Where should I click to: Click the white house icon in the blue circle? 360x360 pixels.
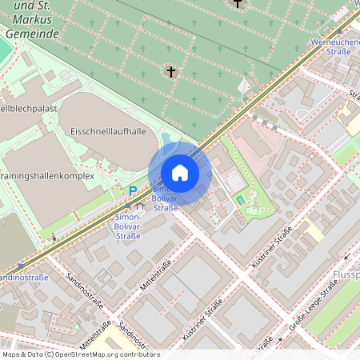pos(179,172)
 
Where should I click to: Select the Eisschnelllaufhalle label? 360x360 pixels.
pos(108,130)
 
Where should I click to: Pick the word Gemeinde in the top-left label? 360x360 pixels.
pos(32,34)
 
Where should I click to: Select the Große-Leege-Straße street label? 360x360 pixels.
pos(313,306)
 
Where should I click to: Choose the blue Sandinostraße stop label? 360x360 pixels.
pos(24,278)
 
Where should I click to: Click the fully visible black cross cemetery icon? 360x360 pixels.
pos(170,72)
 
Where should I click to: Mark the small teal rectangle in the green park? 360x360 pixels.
pos(240,199)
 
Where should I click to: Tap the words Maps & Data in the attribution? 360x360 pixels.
pos(22,354)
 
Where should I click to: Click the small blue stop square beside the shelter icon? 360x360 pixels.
pos(128,206)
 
